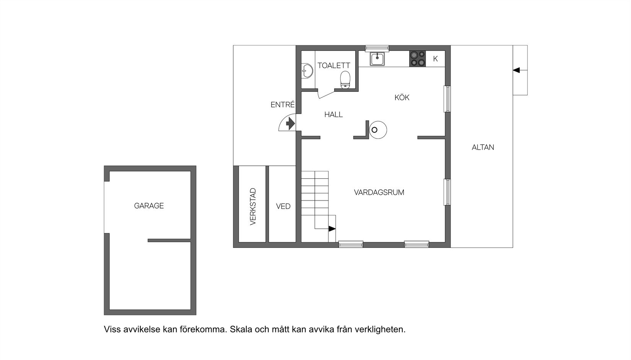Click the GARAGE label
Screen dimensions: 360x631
tap(149, 206)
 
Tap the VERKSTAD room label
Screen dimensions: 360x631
tap(253, 207)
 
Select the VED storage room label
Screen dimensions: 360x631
tap(283, 207)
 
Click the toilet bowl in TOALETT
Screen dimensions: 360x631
tap(345, 79)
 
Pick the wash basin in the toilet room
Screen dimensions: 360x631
tap(307, 70)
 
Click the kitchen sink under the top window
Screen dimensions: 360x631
tap(377, 59)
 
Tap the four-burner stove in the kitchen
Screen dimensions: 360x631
tap(417, 59)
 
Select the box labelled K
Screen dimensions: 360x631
tap(435, 59)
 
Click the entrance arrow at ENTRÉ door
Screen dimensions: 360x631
tap(290, 124)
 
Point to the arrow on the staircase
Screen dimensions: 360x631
tap(332, 229)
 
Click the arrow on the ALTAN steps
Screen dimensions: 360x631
tap(517, 70)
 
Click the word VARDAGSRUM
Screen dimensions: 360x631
tap(379, 192)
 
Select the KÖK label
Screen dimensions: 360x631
tap(402, 98)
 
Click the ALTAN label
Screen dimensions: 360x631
tap(483, 147)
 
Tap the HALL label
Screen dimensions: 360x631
tap(333, 114)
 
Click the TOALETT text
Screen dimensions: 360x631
tap(333, 66)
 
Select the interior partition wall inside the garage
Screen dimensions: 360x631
tap(169, 240)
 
